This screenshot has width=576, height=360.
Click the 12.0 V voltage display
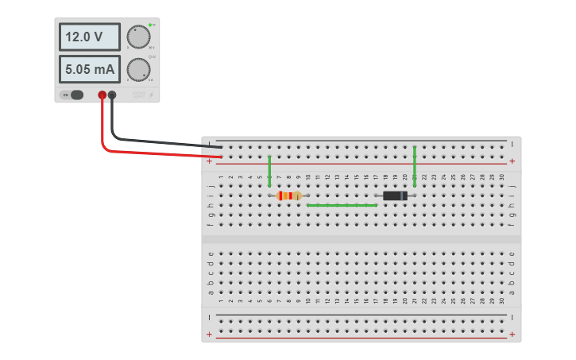[89, 37]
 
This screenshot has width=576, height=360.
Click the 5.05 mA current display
[89, 69]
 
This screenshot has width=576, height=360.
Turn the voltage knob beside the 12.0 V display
[138, 37]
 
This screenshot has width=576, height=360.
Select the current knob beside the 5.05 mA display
[138, 70]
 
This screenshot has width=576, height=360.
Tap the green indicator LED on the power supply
[149, 25]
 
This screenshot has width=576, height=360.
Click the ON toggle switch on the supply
[75, 95]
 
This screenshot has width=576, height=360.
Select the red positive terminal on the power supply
[102, 95]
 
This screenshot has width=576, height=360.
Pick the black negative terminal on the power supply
[112, 95]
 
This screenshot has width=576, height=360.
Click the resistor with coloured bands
[289, 195]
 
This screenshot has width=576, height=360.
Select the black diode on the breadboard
[395, 195]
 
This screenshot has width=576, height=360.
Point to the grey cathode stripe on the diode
[404, 195]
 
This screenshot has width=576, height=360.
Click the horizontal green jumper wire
[342, 205]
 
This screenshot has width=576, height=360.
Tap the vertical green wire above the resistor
[269, 170]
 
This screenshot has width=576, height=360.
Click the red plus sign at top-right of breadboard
[512, 161]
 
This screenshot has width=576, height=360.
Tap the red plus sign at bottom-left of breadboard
[210, 335]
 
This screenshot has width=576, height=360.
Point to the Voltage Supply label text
[139, 95]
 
